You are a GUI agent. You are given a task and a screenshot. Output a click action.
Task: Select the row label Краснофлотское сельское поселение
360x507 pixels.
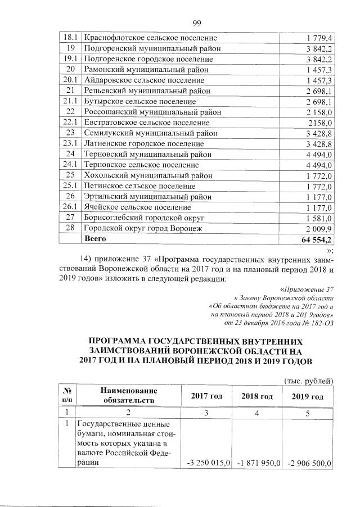(150, 38)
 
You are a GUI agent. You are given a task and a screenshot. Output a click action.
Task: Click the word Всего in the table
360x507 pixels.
(95, 239)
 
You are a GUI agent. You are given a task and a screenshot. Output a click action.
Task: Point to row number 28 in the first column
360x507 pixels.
(71, 228)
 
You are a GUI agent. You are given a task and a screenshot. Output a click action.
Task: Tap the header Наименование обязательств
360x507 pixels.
(128, 395)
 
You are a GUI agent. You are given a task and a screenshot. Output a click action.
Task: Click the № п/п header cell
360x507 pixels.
(67, 395)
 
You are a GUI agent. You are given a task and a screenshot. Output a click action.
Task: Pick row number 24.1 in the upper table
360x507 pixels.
(71, 165)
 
